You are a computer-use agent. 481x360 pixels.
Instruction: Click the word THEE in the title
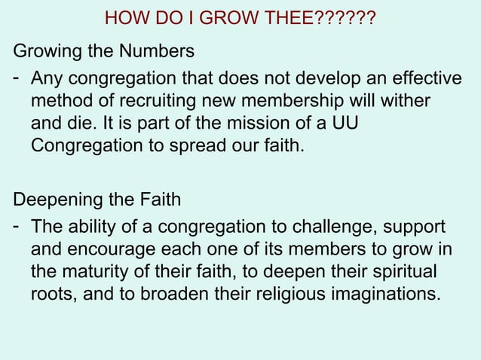point(287,17)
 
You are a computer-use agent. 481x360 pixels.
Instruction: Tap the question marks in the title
point(345,17)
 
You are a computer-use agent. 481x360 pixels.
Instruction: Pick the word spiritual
point(408,271)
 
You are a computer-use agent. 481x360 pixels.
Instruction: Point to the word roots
point(52,293)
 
